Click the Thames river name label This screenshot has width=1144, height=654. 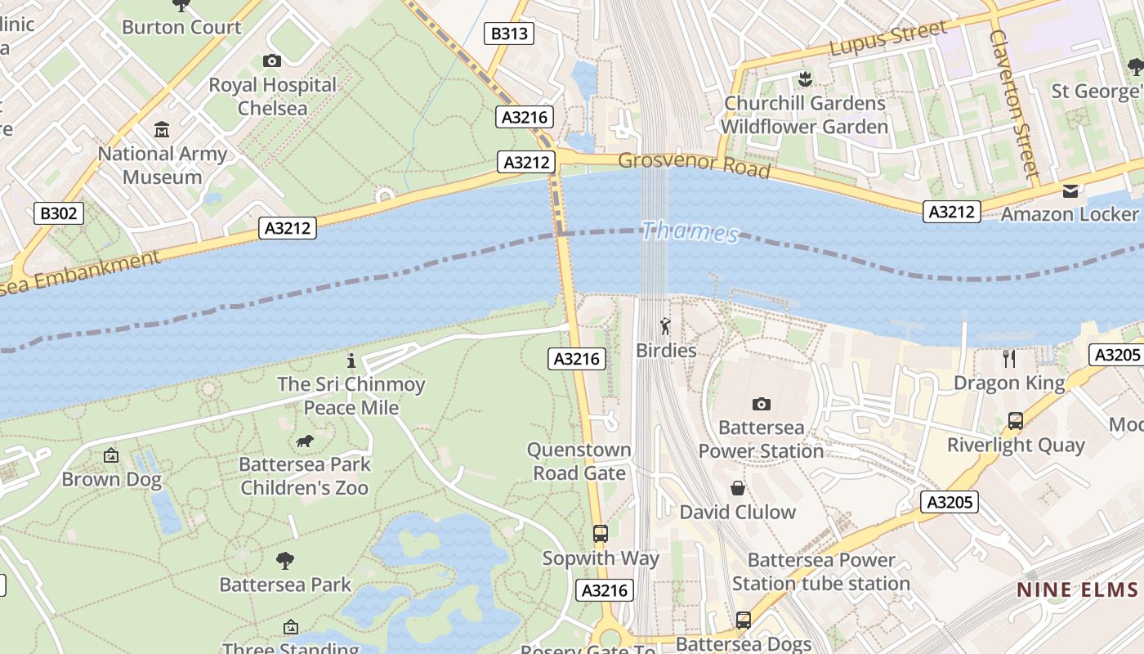690,232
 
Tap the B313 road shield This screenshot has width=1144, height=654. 509,34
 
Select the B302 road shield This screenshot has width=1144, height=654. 59,214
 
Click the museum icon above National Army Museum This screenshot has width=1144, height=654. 162,130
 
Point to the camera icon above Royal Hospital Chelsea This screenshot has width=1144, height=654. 272,60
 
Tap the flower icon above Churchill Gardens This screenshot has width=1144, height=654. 805,79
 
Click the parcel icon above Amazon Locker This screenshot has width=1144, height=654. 1070,191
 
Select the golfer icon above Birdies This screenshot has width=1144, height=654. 666,327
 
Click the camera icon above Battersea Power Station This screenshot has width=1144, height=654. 762,404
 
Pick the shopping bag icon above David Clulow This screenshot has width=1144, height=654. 738,488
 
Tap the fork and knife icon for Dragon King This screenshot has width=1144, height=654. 1009,359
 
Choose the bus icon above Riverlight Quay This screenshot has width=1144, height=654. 1016,421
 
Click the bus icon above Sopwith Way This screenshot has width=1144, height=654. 601,534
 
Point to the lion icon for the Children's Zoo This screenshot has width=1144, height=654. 305,441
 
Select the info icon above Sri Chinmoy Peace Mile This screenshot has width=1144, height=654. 351,361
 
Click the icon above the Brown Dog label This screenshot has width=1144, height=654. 111,455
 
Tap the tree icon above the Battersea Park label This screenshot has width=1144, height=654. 285,561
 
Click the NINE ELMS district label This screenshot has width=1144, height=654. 1077,589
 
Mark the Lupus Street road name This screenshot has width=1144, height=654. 888,38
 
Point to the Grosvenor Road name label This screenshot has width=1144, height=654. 694,164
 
